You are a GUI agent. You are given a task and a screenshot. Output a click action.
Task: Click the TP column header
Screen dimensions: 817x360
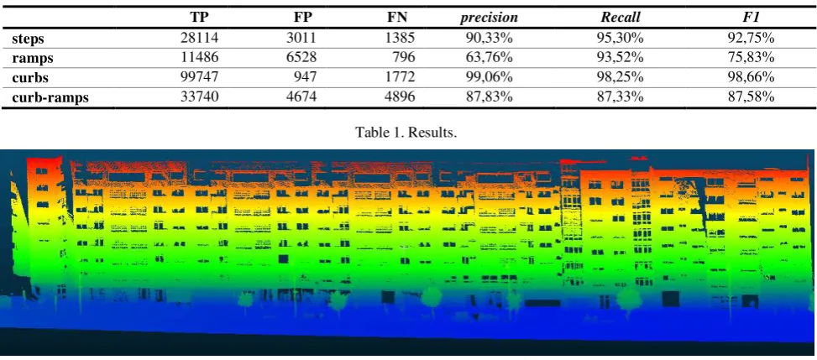198,18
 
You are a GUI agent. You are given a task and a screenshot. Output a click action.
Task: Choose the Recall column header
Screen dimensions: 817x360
621,18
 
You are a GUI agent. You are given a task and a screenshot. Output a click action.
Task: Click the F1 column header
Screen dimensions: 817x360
751,18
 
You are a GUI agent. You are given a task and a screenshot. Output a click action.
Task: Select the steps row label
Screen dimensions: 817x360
29,39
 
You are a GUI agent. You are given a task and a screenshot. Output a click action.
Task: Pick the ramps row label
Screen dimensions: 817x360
32,59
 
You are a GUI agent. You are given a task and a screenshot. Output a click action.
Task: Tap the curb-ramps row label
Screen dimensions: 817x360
50,97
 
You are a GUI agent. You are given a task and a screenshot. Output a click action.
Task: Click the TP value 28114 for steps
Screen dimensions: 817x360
198,38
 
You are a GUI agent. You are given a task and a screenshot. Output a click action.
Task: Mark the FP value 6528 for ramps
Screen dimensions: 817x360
302,57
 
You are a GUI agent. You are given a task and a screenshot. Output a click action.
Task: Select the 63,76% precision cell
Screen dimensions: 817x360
490,57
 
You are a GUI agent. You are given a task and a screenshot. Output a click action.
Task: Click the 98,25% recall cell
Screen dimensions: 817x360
621,76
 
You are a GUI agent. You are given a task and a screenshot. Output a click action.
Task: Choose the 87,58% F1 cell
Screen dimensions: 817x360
751,96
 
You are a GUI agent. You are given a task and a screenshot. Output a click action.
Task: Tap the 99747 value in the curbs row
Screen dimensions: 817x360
198,76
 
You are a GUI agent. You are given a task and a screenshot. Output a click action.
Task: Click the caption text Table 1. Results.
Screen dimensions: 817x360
406,133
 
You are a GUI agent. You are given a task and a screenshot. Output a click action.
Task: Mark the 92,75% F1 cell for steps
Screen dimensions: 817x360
751,38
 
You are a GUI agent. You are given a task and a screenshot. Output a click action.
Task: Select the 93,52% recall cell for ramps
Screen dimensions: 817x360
621,57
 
